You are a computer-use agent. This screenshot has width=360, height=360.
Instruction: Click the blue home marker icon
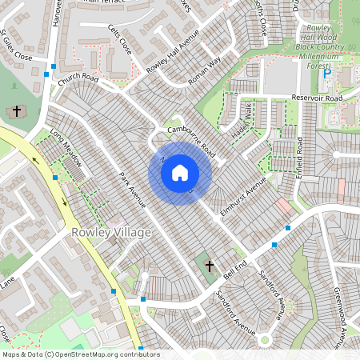coord(180,172)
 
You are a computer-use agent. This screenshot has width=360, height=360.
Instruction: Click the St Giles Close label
coord(16,46)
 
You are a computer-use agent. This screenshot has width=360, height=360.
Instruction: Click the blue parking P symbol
coord(326,73)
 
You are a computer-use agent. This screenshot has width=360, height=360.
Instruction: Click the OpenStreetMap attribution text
coord(80,354)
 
